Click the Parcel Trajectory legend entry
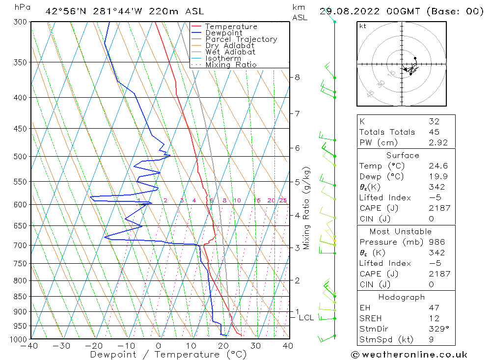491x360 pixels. (x=241, y=39)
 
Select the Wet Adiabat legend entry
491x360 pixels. (x=230, y=52)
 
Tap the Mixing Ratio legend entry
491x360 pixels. (x=231, y=65)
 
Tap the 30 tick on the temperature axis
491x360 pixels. (x=255, y=346)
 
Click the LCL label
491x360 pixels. (x=306, y=318)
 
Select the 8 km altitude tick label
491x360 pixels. (x=298, y=77)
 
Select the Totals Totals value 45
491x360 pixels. (x=434, y=132)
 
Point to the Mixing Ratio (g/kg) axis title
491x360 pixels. (x=306, y=208)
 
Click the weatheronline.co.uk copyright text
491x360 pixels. (x=409, y=355)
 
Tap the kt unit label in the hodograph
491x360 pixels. (x=363, y=26)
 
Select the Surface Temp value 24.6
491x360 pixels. (x=438, y=166)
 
